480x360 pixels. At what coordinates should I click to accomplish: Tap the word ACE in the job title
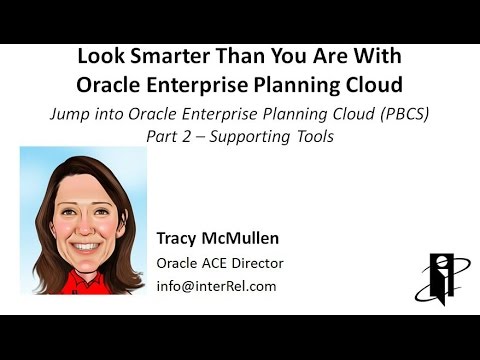pyautogui.click(x=217, y=263)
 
